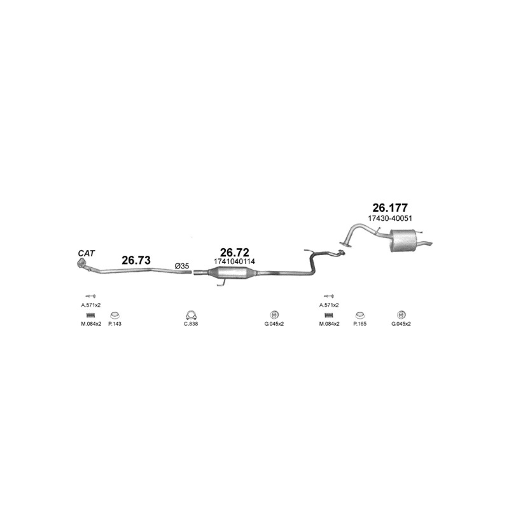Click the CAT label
point(86,253)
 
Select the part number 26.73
point(136,260)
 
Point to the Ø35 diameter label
point(182,266)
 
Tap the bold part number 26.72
point(234,252)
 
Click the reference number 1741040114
point(234,261)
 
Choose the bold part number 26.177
point(390,207)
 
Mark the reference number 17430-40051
point(390,218)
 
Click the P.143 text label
point(115,324)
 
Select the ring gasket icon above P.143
point(115,315)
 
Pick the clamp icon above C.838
point(192,315)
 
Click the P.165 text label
point(359,324)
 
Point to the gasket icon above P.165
point(359,315)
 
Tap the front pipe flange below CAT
point(81,263)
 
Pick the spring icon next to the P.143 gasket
point(90,315)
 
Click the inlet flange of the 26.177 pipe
point(345,244)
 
